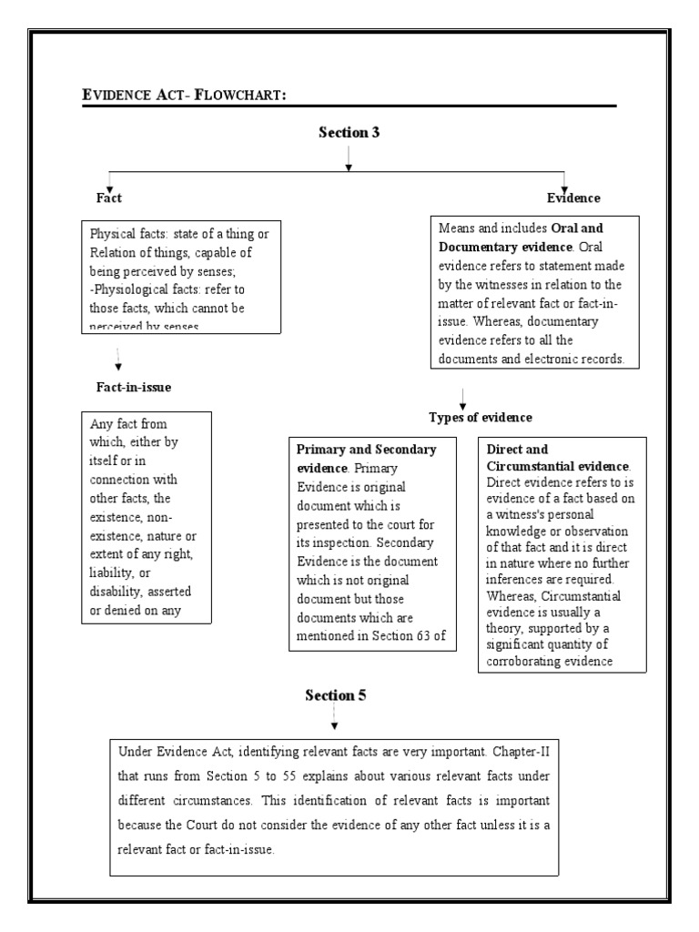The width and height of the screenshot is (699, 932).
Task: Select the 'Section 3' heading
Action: tap(349, 132)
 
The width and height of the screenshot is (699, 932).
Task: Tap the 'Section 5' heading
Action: tap(335, 695)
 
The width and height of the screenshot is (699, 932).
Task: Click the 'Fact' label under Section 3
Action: tap(109, 198)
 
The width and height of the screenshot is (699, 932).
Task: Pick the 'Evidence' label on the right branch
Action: tap(572, 198)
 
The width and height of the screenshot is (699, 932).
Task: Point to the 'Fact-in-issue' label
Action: tap(134, 387)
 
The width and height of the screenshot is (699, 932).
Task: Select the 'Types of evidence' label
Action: tap(481, 417)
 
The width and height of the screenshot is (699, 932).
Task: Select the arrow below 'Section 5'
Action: tap(334, 719)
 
